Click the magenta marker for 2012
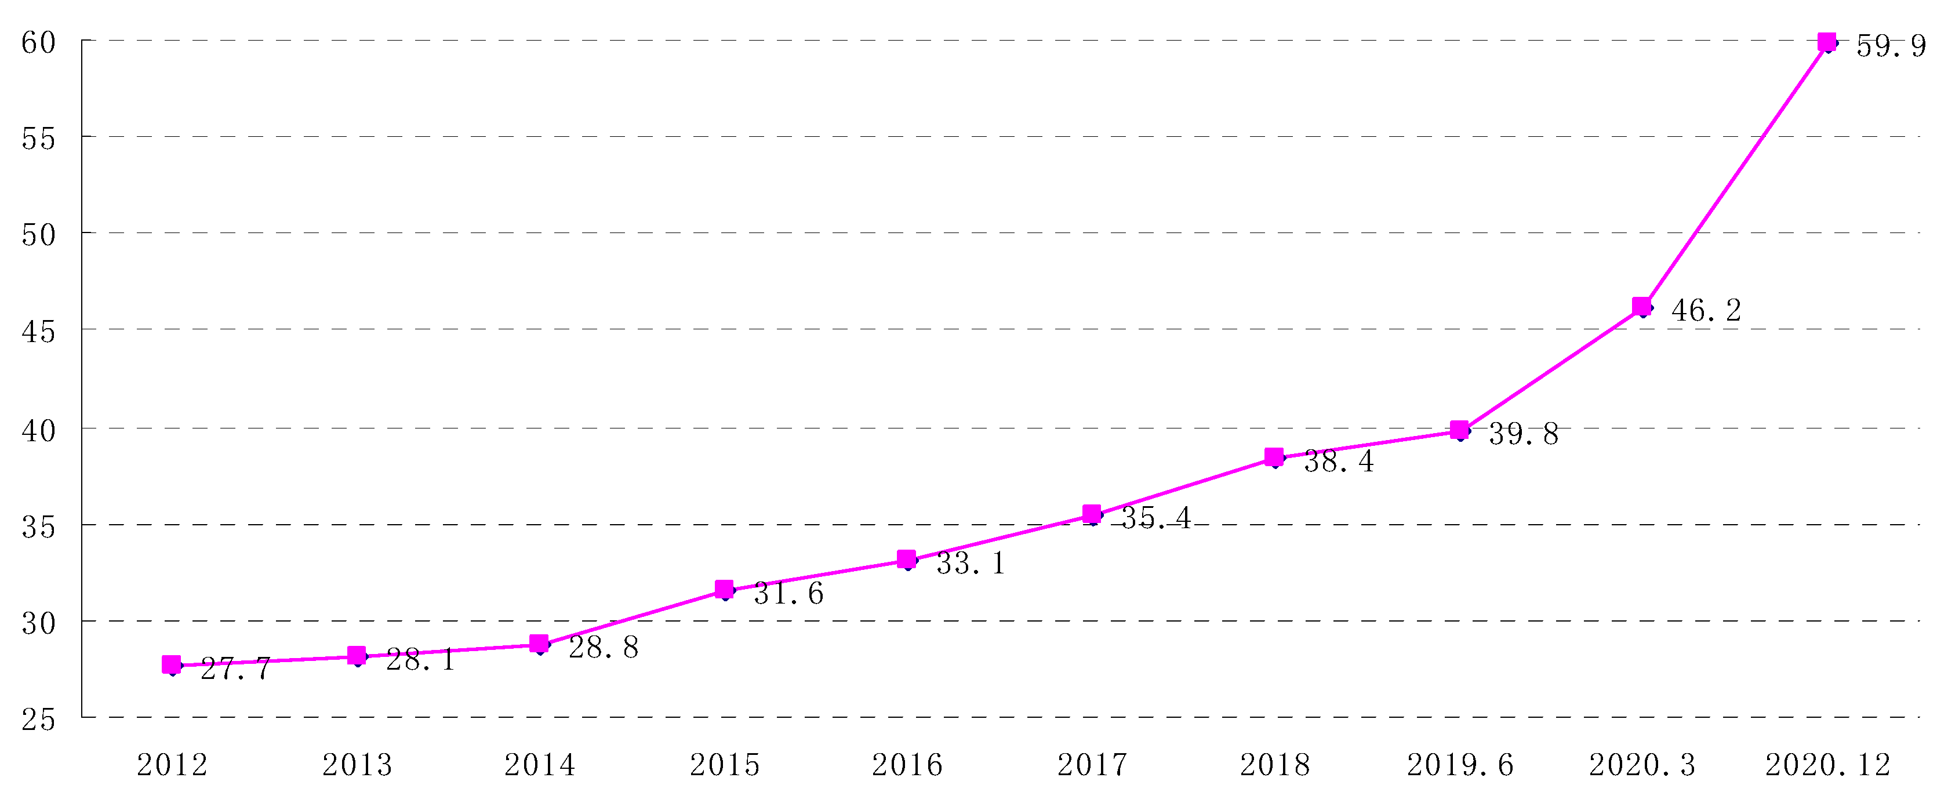tap(172, 664)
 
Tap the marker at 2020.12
tap(1826, 42)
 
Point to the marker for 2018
tap(1274, 457)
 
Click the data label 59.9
tap(1891, 47)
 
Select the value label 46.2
tap(1706, 311)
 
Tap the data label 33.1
tap(971, 564)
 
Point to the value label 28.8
tap(604, 648)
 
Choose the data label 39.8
tap(1523, 434)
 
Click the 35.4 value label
tap(1155, 518)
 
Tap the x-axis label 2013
tap(357, 765)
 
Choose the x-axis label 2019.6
tap(1459, 765)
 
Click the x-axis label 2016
tap(907, 765)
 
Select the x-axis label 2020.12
tap(1827, 765)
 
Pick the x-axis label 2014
tap(539, 765)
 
